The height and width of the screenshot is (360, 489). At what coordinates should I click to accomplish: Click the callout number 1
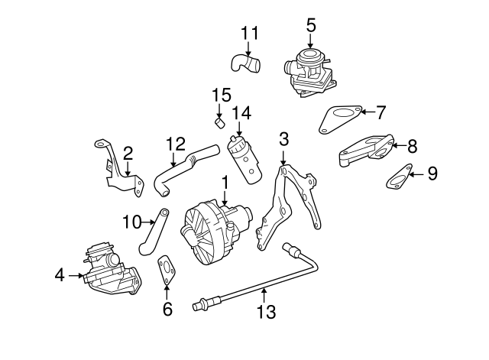click(225, 183)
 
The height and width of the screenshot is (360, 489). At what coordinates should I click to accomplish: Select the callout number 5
click(311, 24)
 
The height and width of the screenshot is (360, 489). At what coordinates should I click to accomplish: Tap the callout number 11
click(250, 34)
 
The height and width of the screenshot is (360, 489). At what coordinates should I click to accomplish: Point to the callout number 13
click(265, 311)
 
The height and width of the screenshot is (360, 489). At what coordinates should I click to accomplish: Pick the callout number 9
click(432, 174)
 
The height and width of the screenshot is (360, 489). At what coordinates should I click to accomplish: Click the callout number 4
click(60, 274)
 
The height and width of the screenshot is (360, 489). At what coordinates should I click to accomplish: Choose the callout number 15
click(221, 95)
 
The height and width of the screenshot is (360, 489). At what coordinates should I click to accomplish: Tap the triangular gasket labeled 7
click(338, 116)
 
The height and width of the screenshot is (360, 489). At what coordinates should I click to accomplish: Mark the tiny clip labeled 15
click(219, 121)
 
